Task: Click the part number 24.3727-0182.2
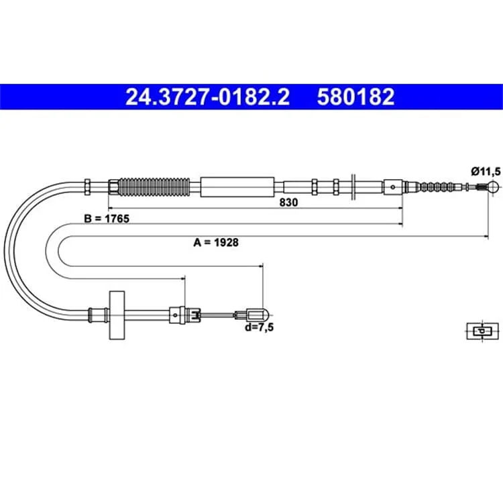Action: (x=207, y=97)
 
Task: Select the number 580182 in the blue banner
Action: (x=355, y=97)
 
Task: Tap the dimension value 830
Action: (x=288, y=203)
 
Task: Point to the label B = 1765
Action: (x=107, y=219)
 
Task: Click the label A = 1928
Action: (x=216, y=242)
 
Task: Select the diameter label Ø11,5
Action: (x=486, y=172)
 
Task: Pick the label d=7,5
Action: (x=259, y=327)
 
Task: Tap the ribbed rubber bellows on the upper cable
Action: (x=154, y=186)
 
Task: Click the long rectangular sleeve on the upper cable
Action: (x=237, y=186)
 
